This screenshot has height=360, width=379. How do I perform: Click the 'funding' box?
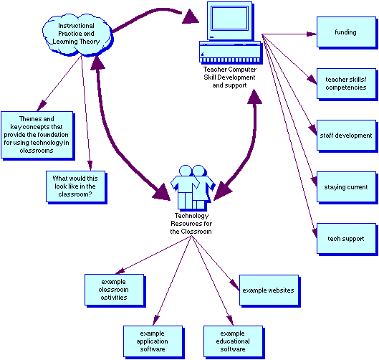345,33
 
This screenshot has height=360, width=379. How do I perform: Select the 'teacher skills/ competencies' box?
345,82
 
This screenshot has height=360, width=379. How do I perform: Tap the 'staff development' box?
345,135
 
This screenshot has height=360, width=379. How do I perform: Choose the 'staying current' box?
345,187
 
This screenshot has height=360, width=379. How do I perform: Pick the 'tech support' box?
345,239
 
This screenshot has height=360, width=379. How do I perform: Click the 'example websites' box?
267,290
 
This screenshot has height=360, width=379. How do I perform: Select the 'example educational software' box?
232,341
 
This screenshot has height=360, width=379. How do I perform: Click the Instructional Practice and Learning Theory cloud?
77,32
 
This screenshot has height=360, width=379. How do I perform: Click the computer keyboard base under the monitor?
229,53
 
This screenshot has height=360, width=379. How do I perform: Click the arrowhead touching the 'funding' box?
312,33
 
